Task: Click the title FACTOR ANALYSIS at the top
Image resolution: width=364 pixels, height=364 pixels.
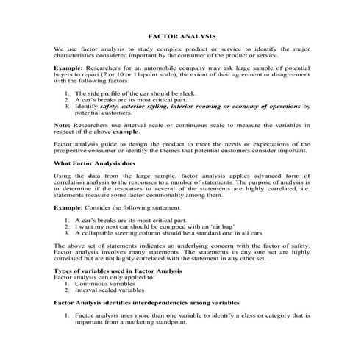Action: [182, 35]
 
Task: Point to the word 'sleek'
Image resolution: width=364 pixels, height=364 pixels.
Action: [174, 94]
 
